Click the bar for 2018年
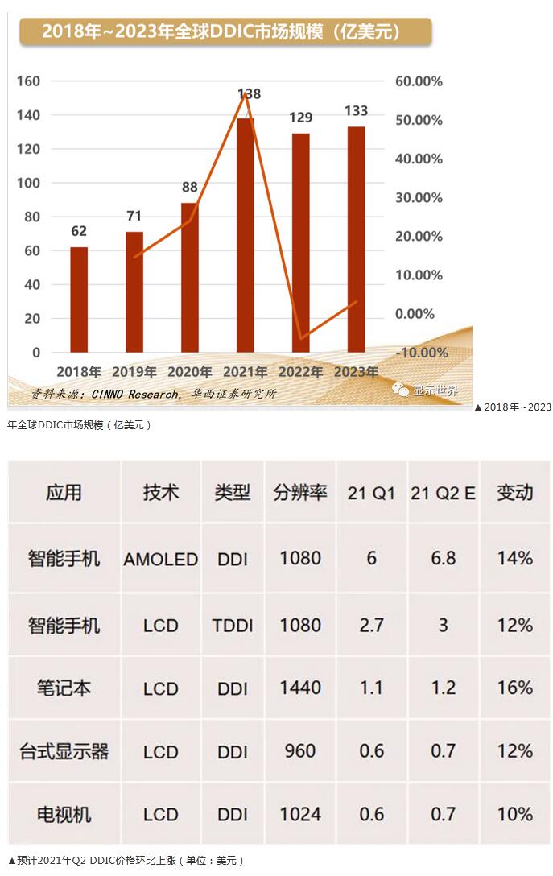[79, 300]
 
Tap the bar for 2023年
[356, 239]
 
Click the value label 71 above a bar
[134, 216]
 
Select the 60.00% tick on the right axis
[419, 81]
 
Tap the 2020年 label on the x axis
[189, 373]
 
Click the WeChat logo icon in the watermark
[400, 390]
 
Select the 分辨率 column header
[300, 493]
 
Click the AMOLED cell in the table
[161, 559]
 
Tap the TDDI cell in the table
[233, 626]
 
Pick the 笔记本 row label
[64, 688]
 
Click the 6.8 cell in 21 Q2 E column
[443, 559]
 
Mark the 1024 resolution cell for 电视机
[300, 815]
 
